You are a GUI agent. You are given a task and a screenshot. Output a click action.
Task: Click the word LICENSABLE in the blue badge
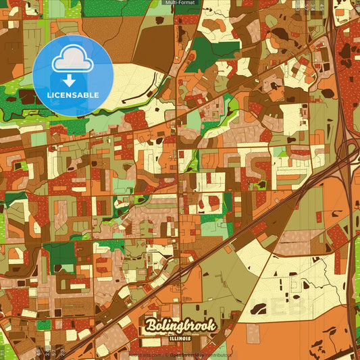tap(72, 95)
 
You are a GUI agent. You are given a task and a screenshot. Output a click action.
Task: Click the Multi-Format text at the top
tap(180, 3)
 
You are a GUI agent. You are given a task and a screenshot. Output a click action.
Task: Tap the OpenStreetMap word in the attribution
tap(190, 354)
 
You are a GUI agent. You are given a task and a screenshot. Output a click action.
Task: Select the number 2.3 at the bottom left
tap(62, 351)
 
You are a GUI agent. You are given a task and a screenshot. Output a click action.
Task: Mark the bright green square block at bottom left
tap(43, 325)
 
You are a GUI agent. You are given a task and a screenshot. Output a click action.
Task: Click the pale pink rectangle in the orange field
tap(253, 333)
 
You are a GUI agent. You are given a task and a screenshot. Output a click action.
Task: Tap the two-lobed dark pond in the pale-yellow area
tap(258, 309)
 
